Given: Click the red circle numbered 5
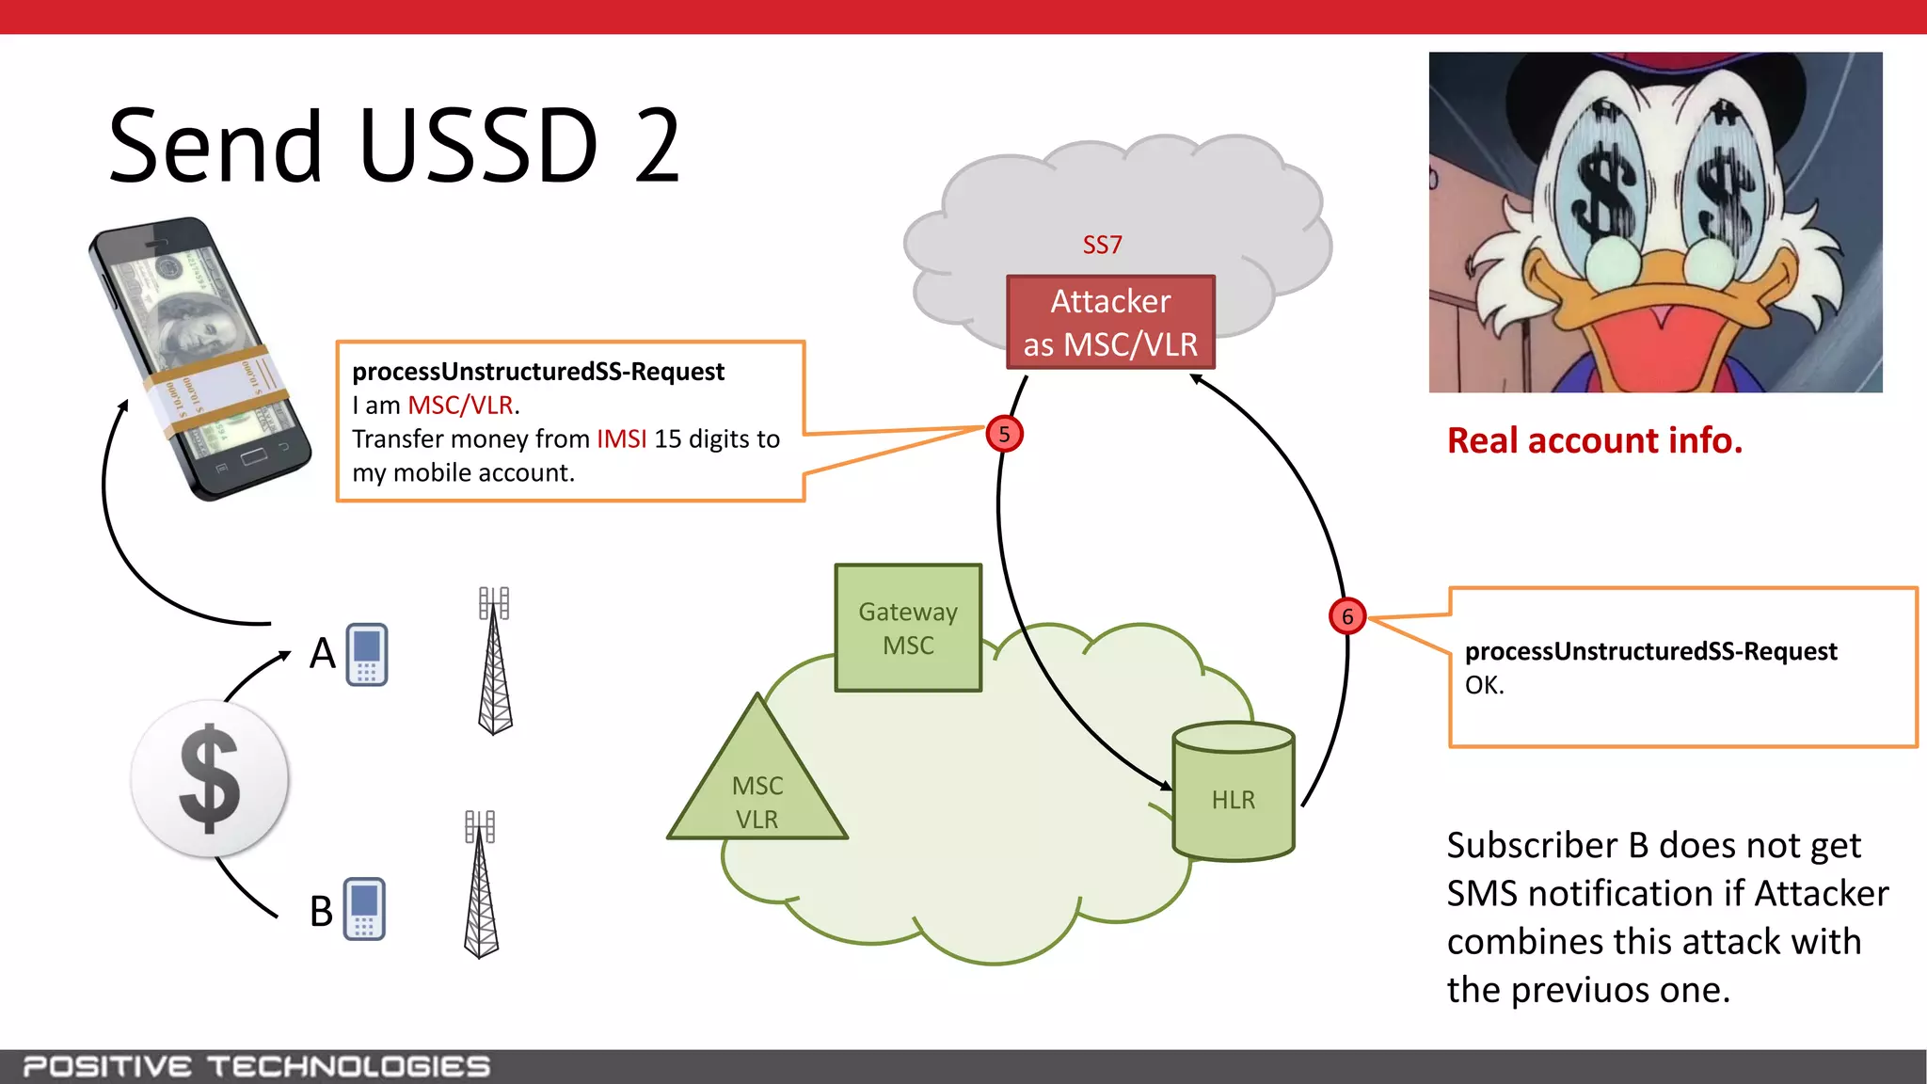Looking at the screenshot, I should [x=1004, y=434].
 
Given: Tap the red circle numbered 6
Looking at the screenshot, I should [x=1346, y=616].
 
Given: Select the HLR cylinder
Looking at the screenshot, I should [x=1234, y=791].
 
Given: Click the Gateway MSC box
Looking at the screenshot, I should [x=908, y=628].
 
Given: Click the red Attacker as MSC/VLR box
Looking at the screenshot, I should [x=1110, y=322].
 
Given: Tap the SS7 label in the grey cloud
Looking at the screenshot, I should [x=1102, y=245].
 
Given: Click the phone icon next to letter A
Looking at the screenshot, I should [x=367, y=654].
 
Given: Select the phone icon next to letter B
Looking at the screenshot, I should [x=365, y=909].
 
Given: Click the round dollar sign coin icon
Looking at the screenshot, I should [x=210, y=778].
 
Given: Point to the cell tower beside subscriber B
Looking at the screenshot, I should [x=481, y=885].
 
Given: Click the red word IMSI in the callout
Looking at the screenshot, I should [x=621, y=439].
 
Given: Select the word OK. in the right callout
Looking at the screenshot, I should [x=1484, y=685].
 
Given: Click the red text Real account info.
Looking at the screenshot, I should [x=1594, y=440].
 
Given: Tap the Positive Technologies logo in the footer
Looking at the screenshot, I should [x=256, y=1066].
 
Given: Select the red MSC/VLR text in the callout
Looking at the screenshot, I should [x=460, y=406].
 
